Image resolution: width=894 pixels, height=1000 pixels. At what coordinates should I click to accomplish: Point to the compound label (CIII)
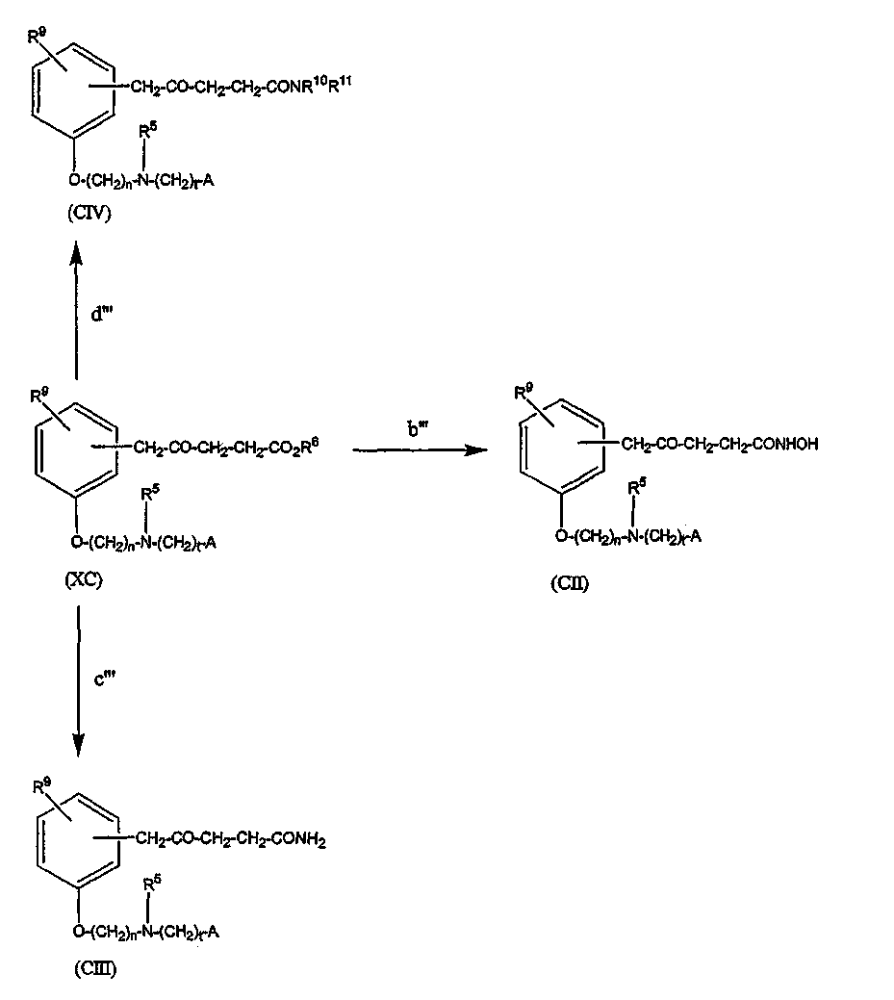[93, 969]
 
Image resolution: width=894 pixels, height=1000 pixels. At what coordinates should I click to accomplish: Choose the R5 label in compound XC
[147, 495]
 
